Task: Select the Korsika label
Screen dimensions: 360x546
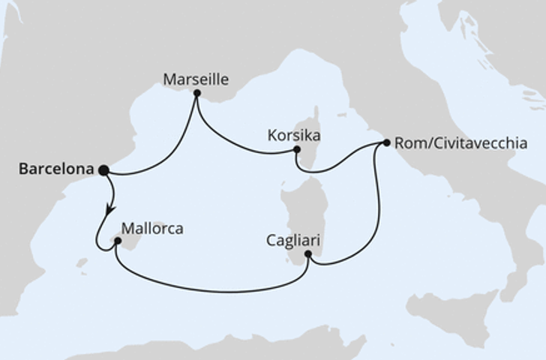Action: coord(294,136)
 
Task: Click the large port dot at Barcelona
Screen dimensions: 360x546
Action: coord(103,170)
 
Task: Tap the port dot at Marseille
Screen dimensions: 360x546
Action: coord(196,94)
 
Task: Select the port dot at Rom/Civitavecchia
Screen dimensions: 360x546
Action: coord(386,142)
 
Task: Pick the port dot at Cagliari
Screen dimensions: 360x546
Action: coord(307,253)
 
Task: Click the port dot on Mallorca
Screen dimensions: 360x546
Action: coord(117,241)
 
